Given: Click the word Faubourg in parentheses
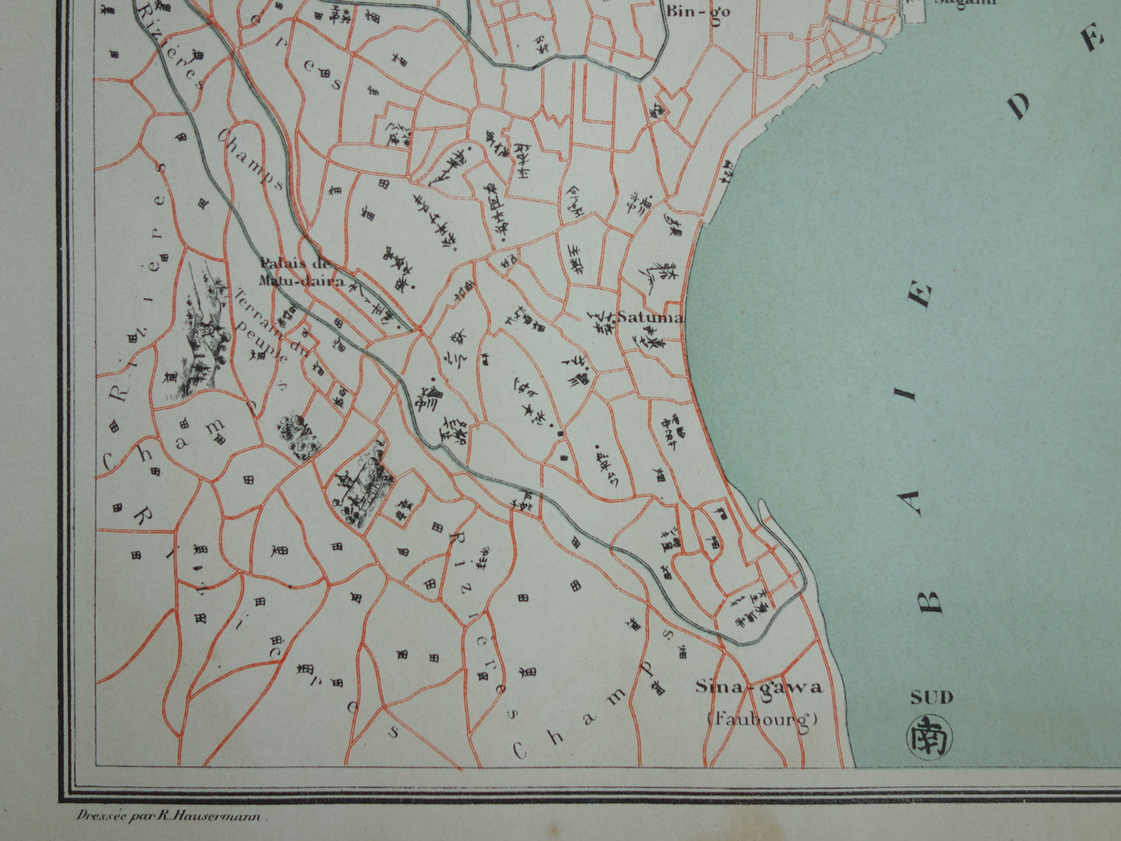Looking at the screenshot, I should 763,718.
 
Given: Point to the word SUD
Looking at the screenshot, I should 932,697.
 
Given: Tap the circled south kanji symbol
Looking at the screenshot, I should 931,735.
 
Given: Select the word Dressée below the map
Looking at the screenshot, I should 95,815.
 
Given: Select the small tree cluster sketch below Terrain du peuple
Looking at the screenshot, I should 297,436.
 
